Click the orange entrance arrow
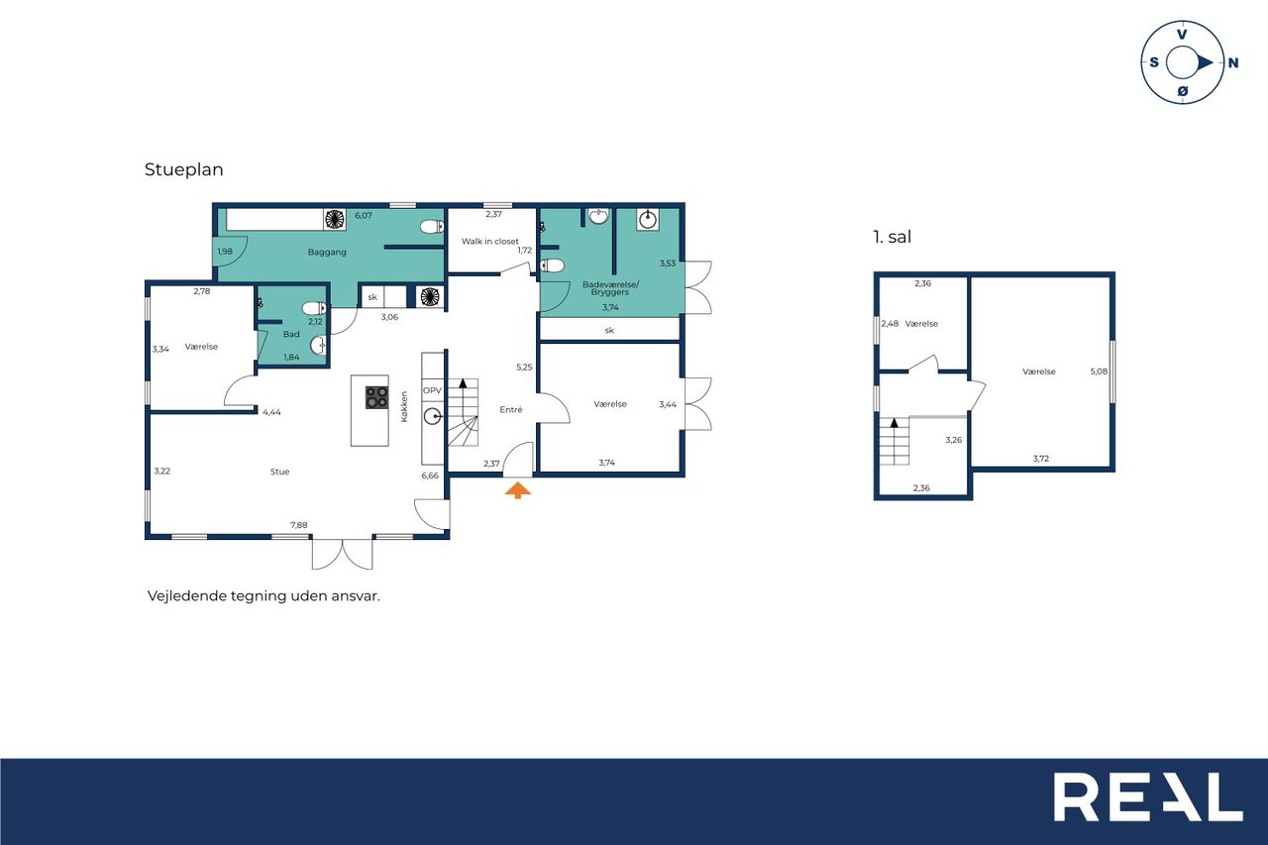point(517,490)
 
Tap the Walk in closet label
point(489,241)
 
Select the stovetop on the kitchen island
point(376,397)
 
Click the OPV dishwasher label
point(432,390)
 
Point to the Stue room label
point(279,472)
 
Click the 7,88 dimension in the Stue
point(299,525)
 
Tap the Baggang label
point(327,252)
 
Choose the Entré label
point(510,410)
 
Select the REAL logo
point(1148,796)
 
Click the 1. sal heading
point(893,237)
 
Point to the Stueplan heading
point(184,169)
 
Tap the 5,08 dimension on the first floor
point(1099,371)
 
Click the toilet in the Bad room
point(314,308)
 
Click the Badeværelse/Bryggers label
point(610,288)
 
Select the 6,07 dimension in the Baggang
point(364,215)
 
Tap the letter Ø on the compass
point(1183,92)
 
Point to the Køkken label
point(404,406)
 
